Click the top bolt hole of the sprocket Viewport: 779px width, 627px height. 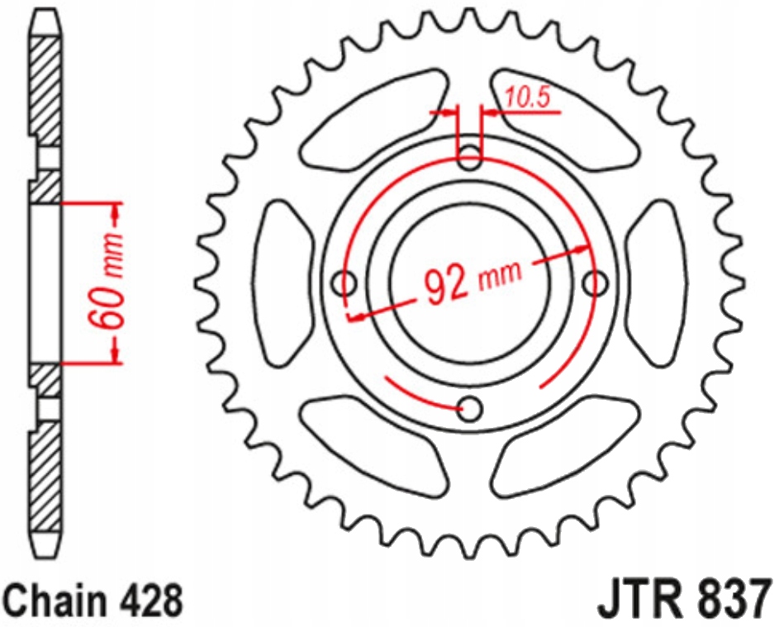click(470, 157)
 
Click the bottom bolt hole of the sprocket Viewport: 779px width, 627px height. click(470, 407)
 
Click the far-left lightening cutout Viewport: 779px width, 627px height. click(285, 283)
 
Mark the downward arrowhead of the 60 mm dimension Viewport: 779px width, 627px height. click(116, 354)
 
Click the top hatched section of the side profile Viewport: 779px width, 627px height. click(45, 83)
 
